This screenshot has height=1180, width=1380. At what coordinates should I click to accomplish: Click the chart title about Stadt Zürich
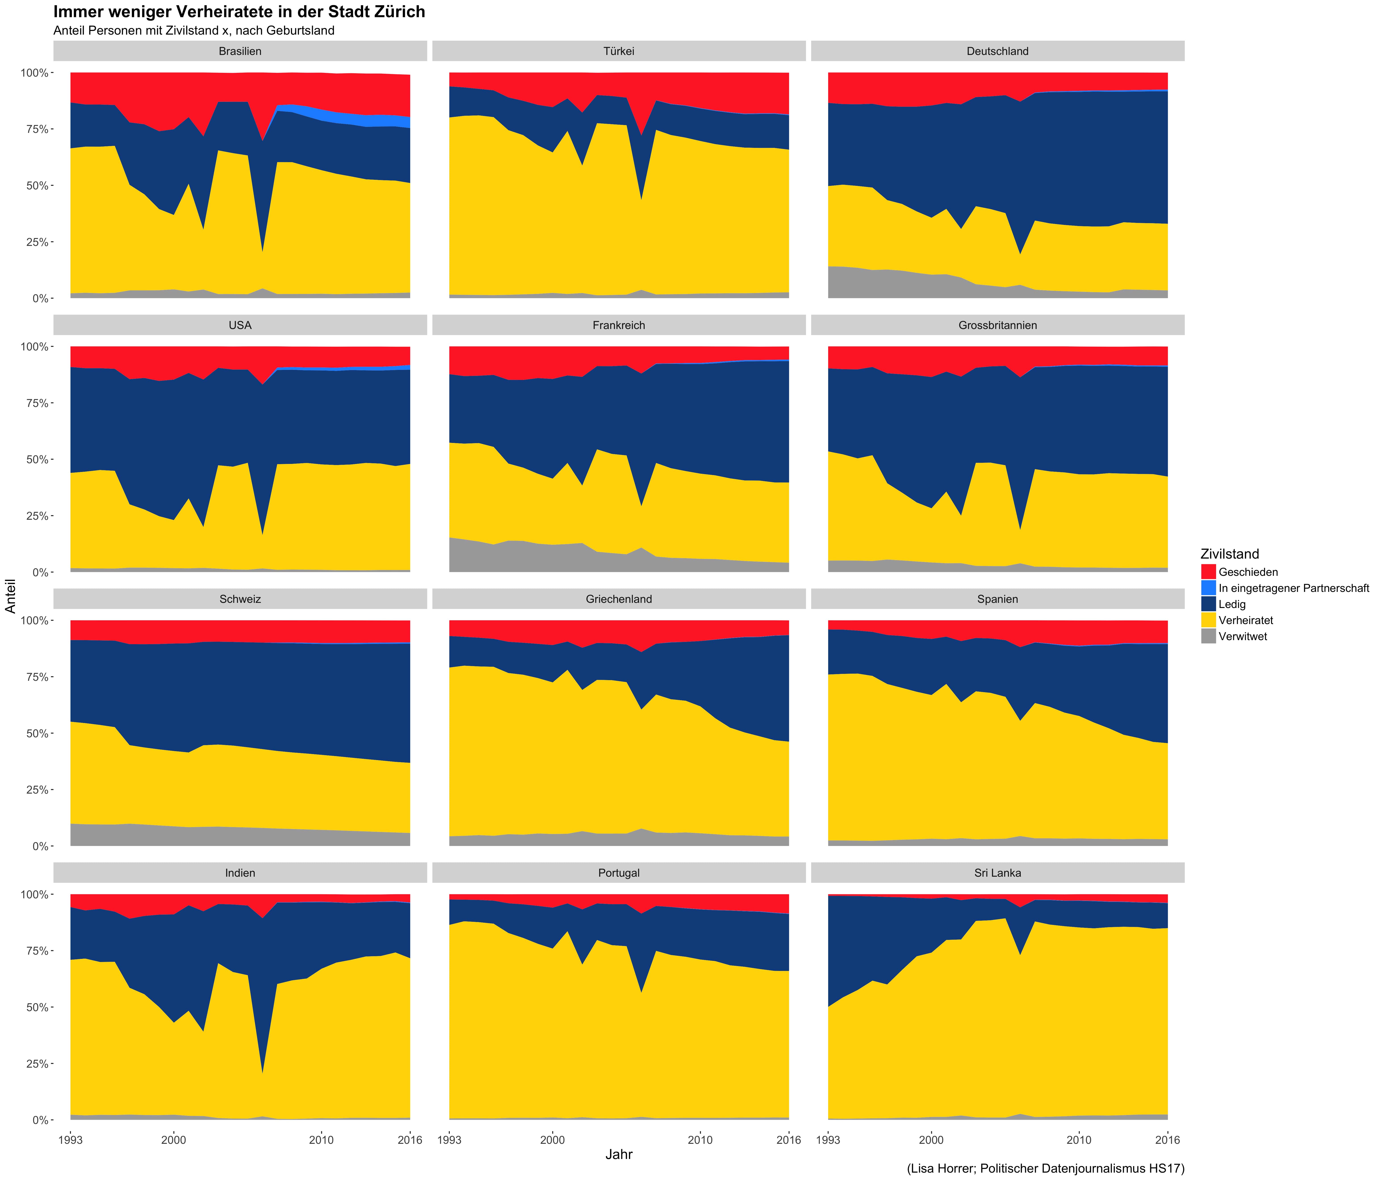(x=239, y=12)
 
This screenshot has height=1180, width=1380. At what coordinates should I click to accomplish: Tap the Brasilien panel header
(x=240, y=51)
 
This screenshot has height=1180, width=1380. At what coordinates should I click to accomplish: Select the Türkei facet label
(x=619, y=51)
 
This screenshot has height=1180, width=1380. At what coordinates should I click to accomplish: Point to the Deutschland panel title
(x=997, y=51)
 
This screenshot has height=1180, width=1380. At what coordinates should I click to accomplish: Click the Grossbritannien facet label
(x=997, y=326)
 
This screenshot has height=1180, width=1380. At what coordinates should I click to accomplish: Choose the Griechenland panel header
(x=619, y=599)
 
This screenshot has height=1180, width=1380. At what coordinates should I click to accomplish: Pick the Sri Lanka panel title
(x=997, y=873)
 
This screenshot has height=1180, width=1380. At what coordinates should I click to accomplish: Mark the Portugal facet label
(x=619, y=873)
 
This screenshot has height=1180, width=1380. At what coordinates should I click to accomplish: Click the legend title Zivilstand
(x=1229, y=554)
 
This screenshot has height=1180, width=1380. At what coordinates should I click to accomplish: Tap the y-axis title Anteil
(x=11, y=596)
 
